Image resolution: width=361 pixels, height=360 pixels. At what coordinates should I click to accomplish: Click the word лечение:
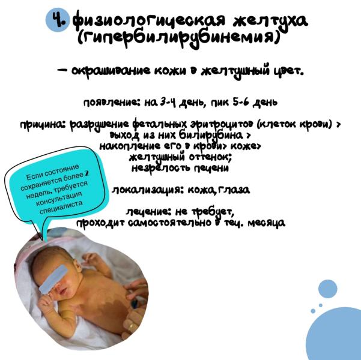[149, 212]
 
